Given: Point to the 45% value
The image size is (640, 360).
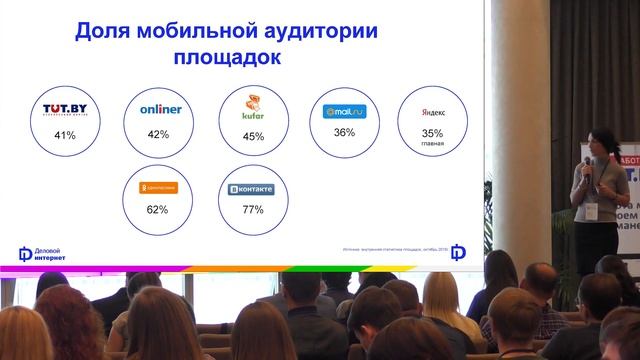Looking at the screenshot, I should pyautogui.click(x=253, y=137).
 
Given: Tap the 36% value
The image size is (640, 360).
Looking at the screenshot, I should pyautogui.click(x=345, y=132).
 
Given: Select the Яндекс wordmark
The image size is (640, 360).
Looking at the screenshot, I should pyautogui.click(x=432, y=114).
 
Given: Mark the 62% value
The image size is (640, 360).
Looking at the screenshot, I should pyautogui.click(x=157, y=210).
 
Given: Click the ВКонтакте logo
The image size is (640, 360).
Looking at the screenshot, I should pyautogui.click(x=252, y=187).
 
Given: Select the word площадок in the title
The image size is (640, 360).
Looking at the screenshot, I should pyautogui.click(x=227, y=58).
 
